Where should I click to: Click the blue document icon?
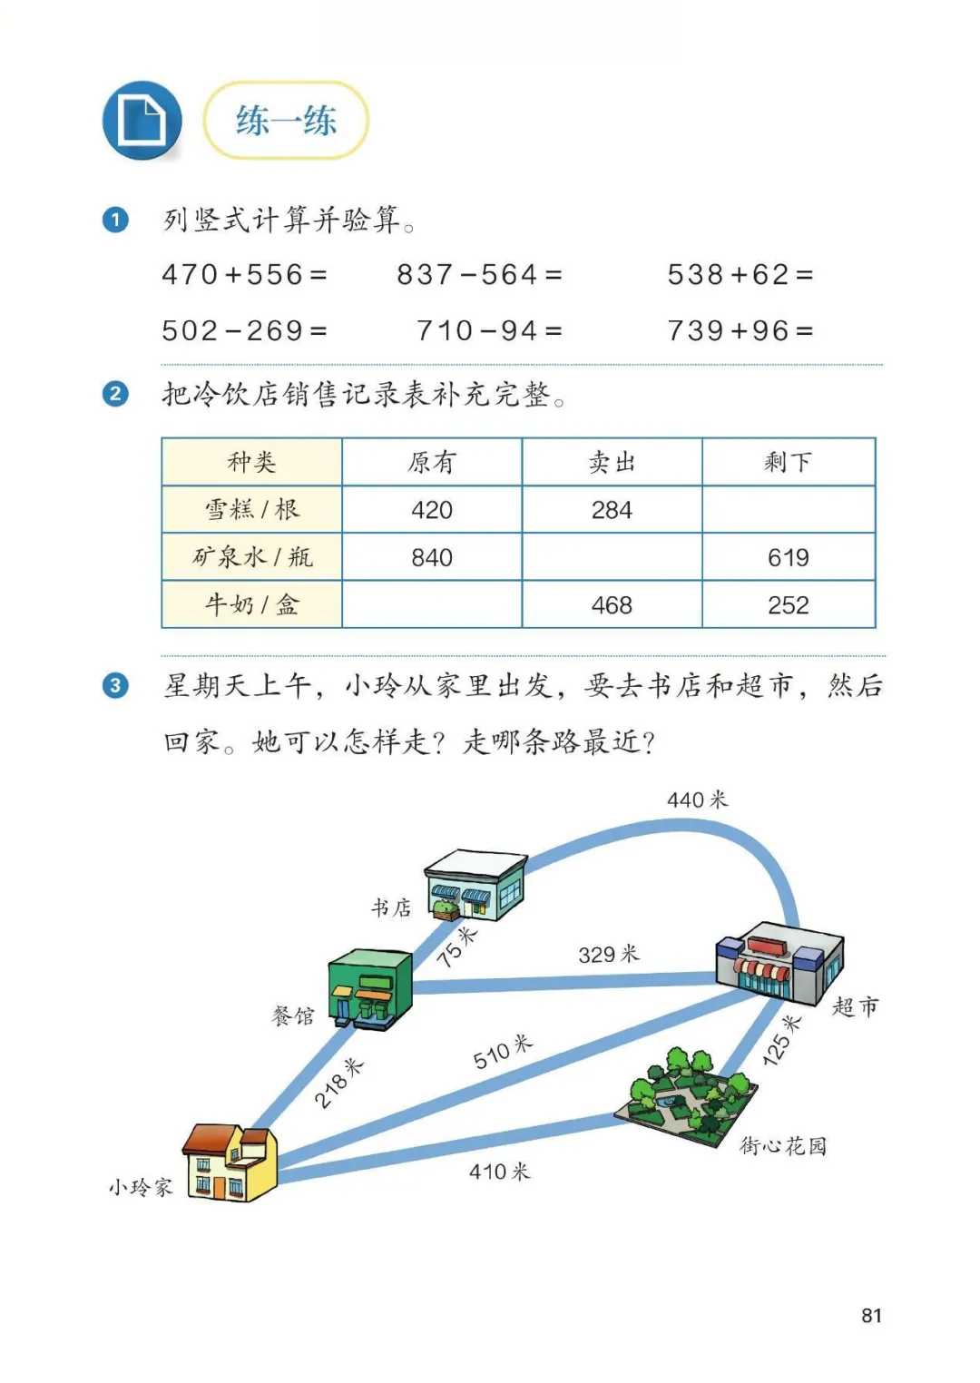[142, 121]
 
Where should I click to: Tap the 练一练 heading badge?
[286, 121]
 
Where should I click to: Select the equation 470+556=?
[244, 274]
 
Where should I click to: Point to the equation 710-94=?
[489, 330]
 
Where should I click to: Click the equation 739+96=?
[740, 330]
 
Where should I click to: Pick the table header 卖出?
[612, 462]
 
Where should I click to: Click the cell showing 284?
[612, 510]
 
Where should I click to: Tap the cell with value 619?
[788, 557]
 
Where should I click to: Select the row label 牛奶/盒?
[251, 604]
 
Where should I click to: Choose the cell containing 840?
[432, 557]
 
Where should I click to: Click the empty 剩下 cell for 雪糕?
[788, 510]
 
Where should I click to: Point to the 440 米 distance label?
[697, 799]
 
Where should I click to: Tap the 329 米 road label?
[608, 954]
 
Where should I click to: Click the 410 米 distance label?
[499, 1172]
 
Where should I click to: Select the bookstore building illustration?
[475, 885]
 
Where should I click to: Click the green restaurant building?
[369, 987]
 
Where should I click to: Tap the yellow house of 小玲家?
[230, 1162]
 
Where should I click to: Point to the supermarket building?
[779, 962]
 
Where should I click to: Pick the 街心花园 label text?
[782, 1146]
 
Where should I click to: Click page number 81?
[871, 1315]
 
